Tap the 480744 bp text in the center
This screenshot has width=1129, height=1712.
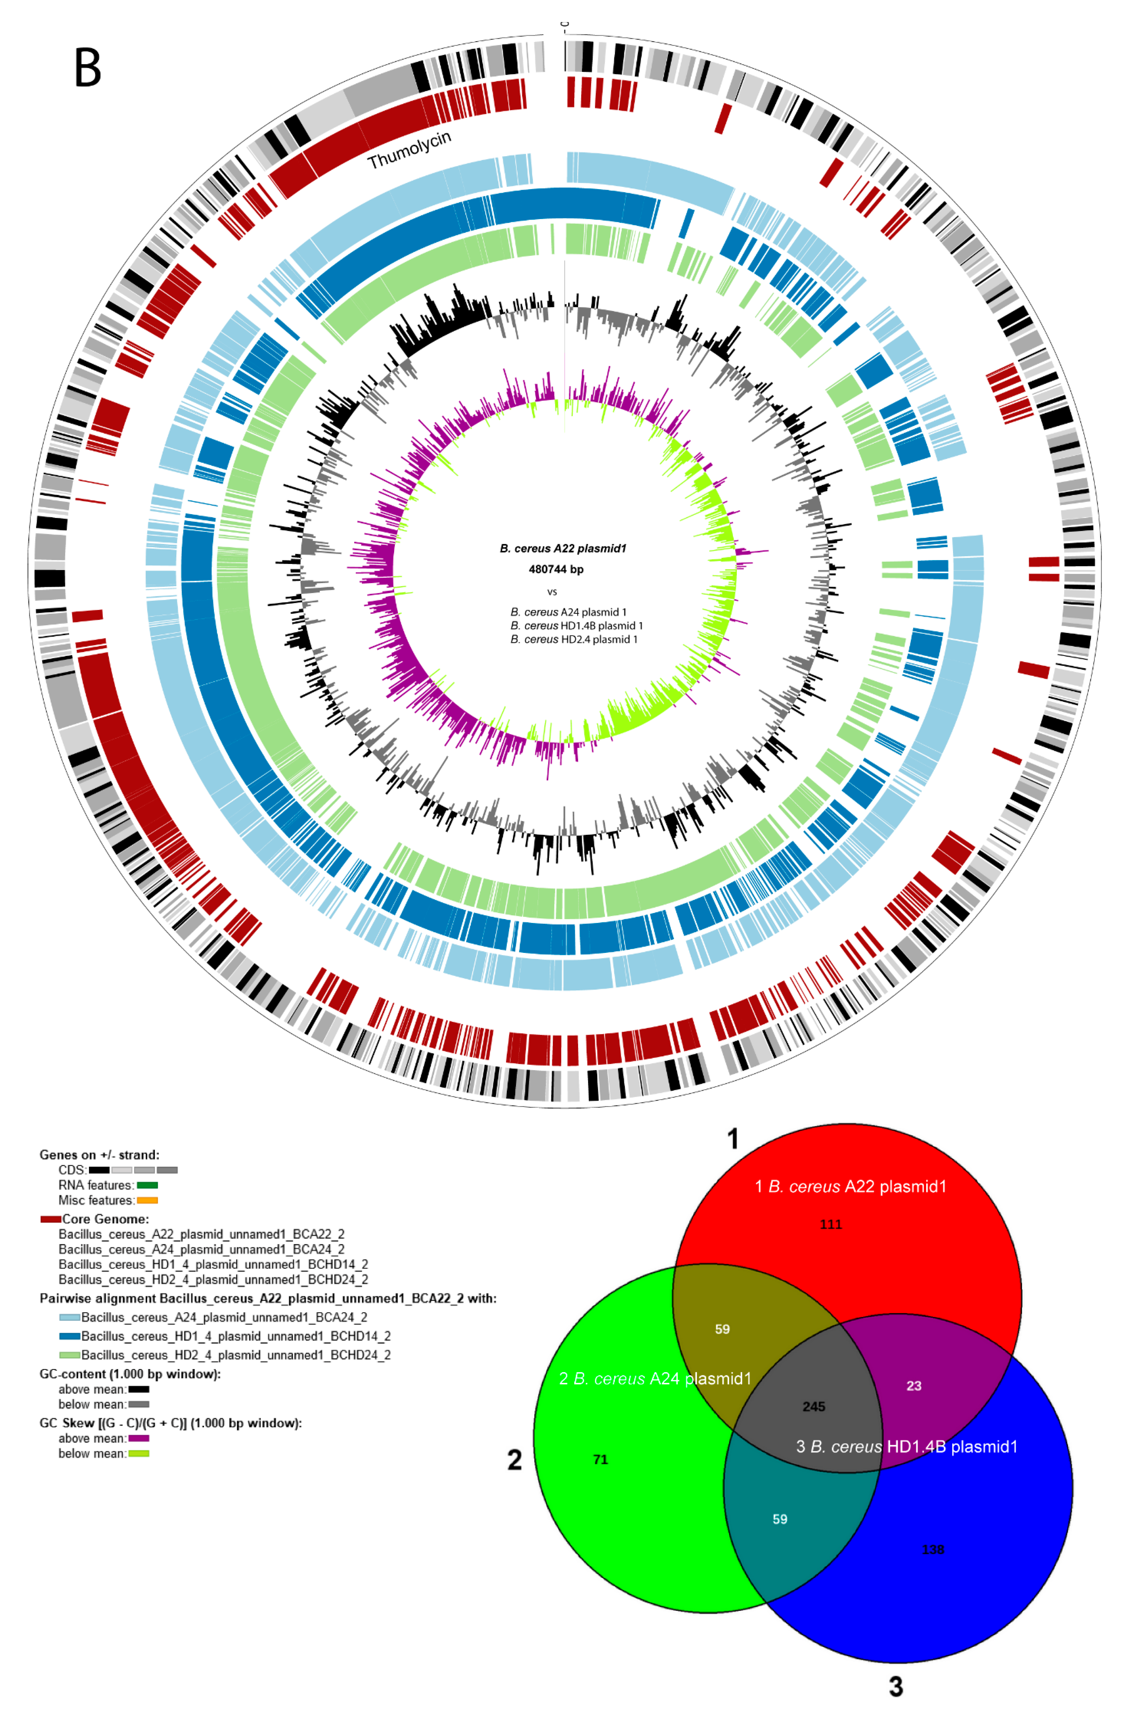tap(556, 569)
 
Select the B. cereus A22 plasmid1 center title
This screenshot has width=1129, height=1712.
tap(563, 549)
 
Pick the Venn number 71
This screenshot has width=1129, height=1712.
tap(600, 1459)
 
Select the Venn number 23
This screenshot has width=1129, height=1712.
tap(914, 1386)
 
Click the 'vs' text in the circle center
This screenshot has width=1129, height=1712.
tap(552, 592)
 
